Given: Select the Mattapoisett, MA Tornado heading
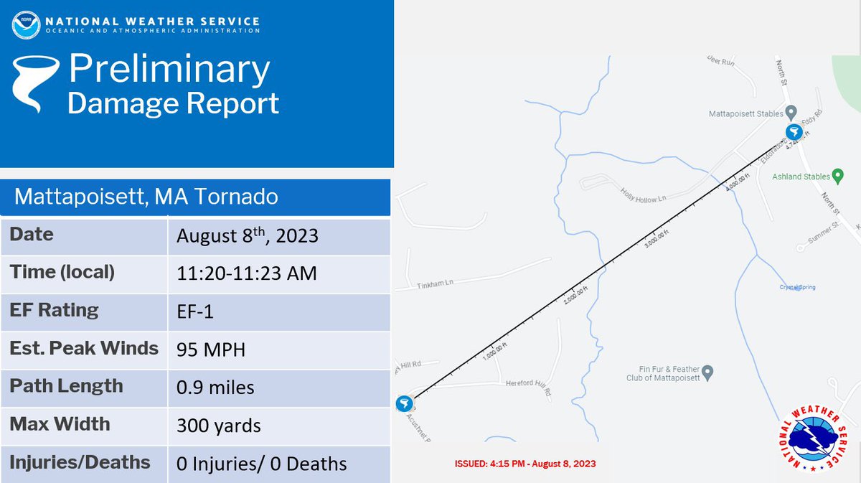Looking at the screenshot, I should tap(146, 196).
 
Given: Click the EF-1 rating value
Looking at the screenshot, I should tap(195, 312).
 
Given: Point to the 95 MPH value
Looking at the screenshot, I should tap(211, 350).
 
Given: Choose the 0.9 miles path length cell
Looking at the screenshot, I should tap(215, 388).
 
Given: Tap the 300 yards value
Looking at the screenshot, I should tap(219, 426).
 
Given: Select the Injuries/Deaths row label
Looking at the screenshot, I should tap(80, 461).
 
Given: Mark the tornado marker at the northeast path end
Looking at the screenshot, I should tap(793, 132).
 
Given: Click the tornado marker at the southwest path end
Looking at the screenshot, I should tap(405, 403).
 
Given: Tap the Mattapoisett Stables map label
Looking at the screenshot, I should tap(745, 114).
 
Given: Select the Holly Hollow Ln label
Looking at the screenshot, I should tap(644, 196).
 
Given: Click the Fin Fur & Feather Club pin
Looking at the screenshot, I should tap(707, 372).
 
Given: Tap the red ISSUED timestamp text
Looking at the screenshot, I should tap(525, 464).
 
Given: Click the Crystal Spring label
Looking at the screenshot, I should tap(797, 288).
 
